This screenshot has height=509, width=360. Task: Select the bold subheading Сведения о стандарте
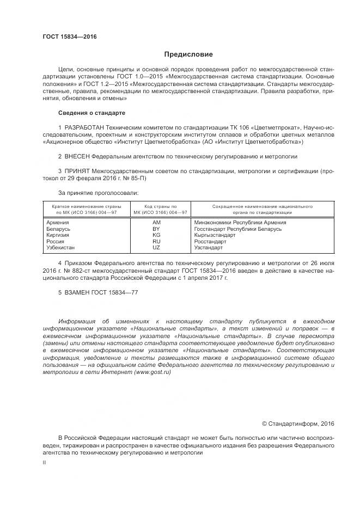91,113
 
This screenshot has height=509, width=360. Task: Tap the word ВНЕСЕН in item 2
76,156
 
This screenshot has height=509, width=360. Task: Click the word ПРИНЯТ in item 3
76,171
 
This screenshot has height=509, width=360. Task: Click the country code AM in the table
157,223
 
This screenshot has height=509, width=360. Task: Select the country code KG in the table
156,235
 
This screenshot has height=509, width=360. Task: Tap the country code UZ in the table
156,247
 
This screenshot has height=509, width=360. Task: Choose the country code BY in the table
156,229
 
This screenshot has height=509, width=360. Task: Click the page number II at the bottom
44,462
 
